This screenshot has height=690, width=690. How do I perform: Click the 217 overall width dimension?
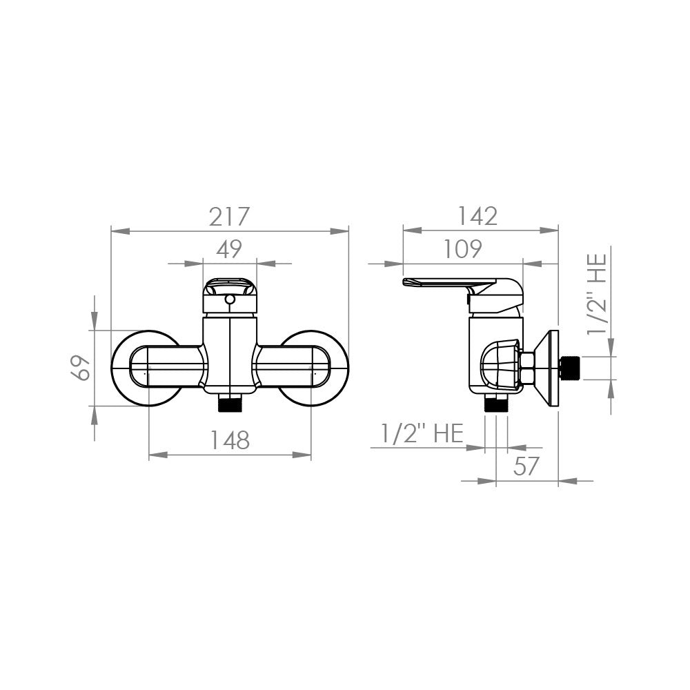click(x=229, y=217)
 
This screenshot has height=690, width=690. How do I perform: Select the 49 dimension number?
click(x=229, y=249)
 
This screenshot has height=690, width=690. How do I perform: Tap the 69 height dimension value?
click(x=81, y=367)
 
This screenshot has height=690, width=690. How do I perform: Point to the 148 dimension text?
click(x=229, y=440)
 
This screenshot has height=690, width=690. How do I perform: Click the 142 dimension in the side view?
click(x=478, y=216)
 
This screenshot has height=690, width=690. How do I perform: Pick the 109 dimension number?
click(x=462, y=249)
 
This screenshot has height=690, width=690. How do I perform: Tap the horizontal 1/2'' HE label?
click(x=422, y=433)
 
